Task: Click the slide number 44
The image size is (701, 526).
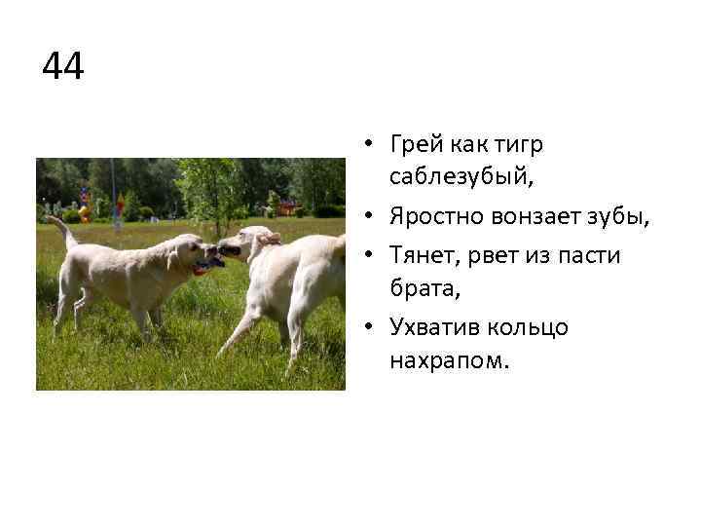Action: [63, 68]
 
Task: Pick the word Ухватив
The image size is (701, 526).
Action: [434, 327]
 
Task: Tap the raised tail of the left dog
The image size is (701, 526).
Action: [61, 230]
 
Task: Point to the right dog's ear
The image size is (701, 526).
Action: [268, 237]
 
